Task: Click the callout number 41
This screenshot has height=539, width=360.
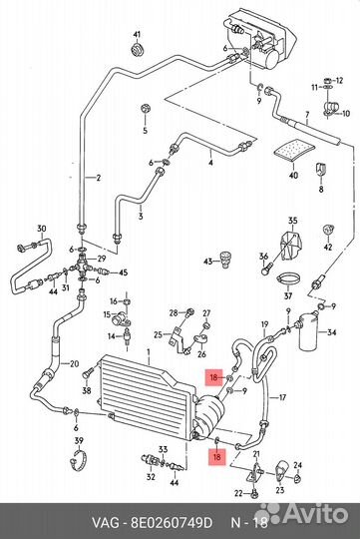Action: click(x=137, y=35)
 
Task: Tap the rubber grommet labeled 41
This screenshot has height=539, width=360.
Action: click(x=138, y=50)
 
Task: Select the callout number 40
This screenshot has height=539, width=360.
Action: click(x=293, y=176)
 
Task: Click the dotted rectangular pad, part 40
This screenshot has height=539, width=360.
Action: click(x=294, y=150)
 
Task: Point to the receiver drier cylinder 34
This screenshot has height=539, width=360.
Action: click(x=310, y=332)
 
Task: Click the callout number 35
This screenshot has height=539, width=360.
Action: click(x=292, y=221)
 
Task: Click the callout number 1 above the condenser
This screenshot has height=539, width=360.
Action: click(x=149, y=352)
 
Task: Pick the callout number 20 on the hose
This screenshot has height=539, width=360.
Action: click(x=74, y=363)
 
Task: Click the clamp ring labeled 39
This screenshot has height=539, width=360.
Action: click(x=78, y=460)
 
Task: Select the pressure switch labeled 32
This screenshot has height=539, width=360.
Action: click(x=151, y=460)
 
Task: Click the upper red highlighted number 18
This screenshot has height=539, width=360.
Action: click(x=213, y=378)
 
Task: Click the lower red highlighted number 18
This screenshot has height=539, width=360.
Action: click(x=216, y=457)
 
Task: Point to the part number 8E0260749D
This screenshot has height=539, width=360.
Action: click(x=172, y=523)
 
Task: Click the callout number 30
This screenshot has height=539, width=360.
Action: click(x=42, y=229)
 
